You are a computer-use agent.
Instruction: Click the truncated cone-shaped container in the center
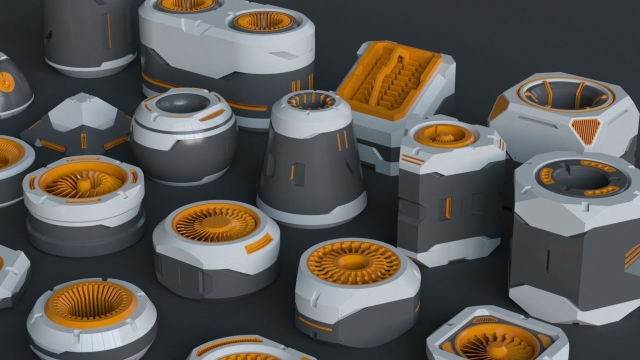tap(310, 160)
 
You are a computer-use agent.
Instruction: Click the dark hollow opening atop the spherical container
tap(182, 103)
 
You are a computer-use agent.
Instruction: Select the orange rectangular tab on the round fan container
tap(258, 243)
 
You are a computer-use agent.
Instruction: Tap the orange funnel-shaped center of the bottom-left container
tap(90, 303)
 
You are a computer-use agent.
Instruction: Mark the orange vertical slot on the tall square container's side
tap(448, 207)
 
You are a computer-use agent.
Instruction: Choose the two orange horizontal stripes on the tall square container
tap(412, 160)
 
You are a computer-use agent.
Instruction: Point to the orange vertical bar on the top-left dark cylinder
tap(108, 30)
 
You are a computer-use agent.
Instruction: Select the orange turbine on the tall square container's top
tap(444, 134)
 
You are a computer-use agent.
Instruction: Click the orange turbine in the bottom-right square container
tap(497, 342)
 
